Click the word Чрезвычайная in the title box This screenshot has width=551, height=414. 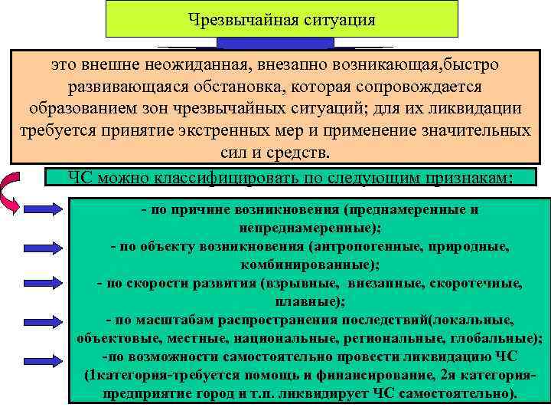pos(243,18)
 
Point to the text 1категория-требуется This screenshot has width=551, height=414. pos(154,376)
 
